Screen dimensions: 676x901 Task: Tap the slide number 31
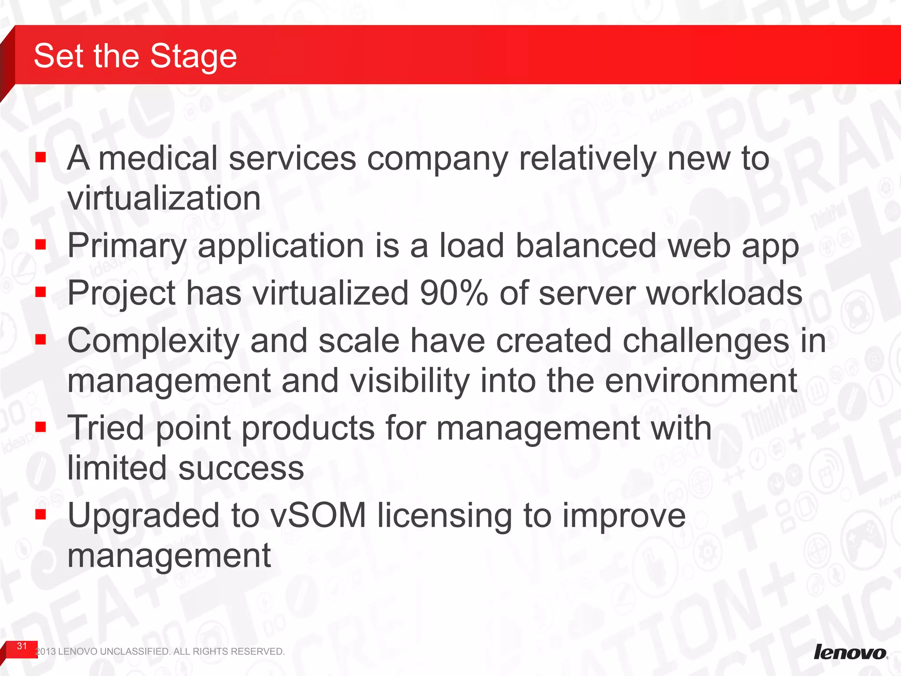(22, 646)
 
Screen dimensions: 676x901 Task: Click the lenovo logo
(850, 652)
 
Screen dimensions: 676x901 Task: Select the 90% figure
(454, 293)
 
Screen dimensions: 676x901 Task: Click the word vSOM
(318, 515)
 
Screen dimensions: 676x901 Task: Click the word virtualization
(164, 198)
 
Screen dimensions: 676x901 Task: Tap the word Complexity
(154, 341)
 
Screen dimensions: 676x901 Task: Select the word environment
(700, 381)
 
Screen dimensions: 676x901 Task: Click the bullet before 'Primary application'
(41, 244)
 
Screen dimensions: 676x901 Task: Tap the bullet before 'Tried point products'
(41, 426)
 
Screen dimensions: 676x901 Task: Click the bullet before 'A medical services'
(41, 157)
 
